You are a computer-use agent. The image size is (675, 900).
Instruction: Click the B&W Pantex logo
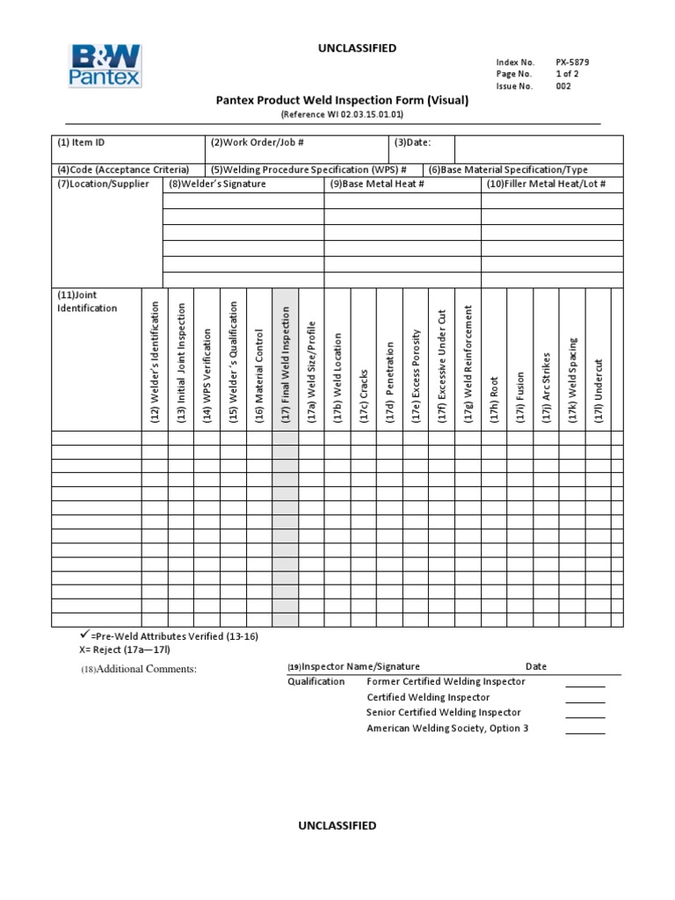pyautogui.click(x=104, y=67)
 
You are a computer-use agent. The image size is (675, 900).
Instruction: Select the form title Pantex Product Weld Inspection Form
pyautogui.click(x=343, y=101)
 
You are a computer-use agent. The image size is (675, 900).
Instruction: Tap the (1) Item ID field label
pyautogui.click(x=82, y=142)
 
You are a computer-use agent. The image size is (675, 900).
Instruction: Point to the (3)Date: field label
pyautogui.click(x=412, y=142)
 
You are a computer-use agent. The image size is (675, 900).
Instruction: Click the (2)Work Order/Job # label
pyautogui.click(x=258, y=142)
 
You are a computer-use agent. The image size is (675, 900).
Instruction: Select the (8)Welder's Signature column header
pyautogui.click(x=217, y=184)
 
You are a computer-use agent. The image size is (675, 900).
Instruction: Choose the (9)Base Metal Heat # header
pyautogui.click(x=377, y=184)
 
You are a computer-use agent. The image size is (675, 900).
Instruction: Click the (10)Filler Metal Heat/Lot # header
pyautogui.click(x=546, y=184)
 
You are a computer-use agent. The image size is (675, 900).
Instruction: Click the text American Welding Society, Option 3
pyautogui.click(x=447, y=729)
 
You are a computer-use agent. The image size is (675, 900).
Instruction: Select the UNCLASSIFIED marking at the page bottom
pyautogui.click(x=337, y=825)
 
